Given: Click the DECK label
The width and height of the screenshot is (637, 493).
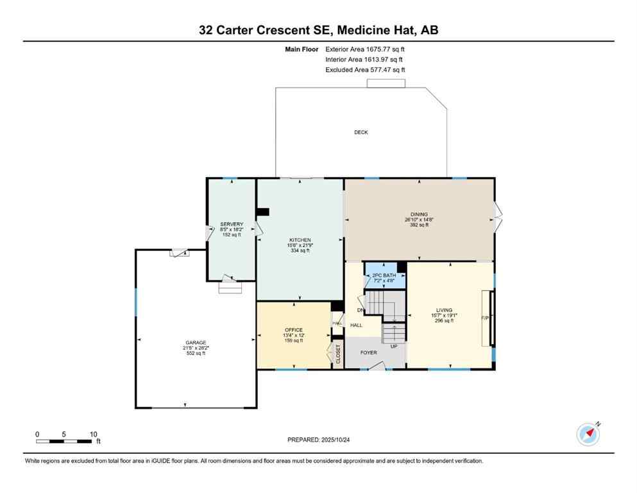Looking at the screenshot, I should [361, 132].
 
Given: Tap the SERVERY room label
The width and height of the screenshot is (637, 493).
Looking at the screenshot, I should [232, 224].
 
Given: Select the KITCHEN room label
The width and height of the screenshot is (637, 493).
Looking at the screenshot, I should [300, 239].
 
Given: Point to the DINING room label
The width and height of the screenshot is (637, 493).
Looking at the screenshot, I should [419, 214].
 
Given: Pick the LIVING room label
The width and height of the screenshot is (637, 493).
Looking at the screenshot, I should [444, 310].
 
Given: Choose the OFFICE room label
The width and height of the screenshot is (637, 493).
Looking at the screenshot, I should [293, 330].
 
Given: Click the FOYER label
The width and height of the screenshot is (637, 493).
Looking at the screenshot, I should [368, 352].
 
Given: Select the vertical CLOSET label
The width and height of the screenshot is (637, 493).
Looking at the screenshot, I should [338, 354].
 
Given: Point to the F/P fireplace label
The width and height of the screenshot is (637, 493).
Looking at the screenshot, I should [485, 318].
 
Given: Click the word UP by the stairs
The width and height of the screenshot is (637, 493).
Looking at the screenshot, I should [395, 346].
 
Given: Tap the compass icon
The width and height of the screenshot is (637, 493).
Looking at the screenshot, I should [588, 435].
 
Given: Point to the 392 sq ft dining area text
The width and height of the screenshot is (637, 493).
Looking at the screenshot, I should [419, 225].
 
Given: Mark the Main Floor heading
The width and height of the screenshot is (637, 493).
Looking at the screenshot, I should [302, 49].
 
